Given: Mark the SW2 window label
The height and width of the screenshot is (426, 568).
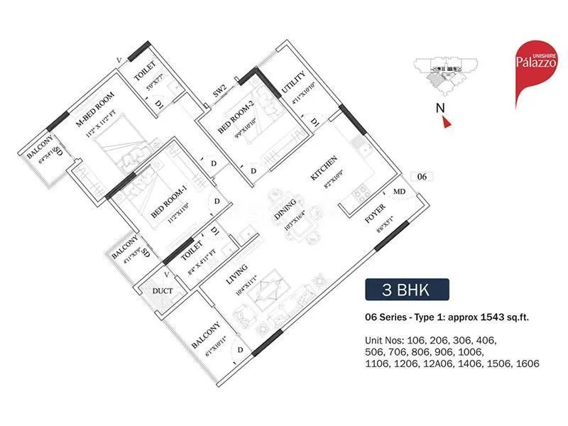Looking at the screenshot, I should click(x=219, y=90).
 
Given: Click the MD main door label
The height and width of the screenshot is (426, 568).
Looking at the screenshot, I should click(x=400, y=192).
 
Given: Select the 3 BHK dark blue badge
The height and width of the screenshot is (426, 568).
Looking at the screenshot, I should click(x=407, y=290).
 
